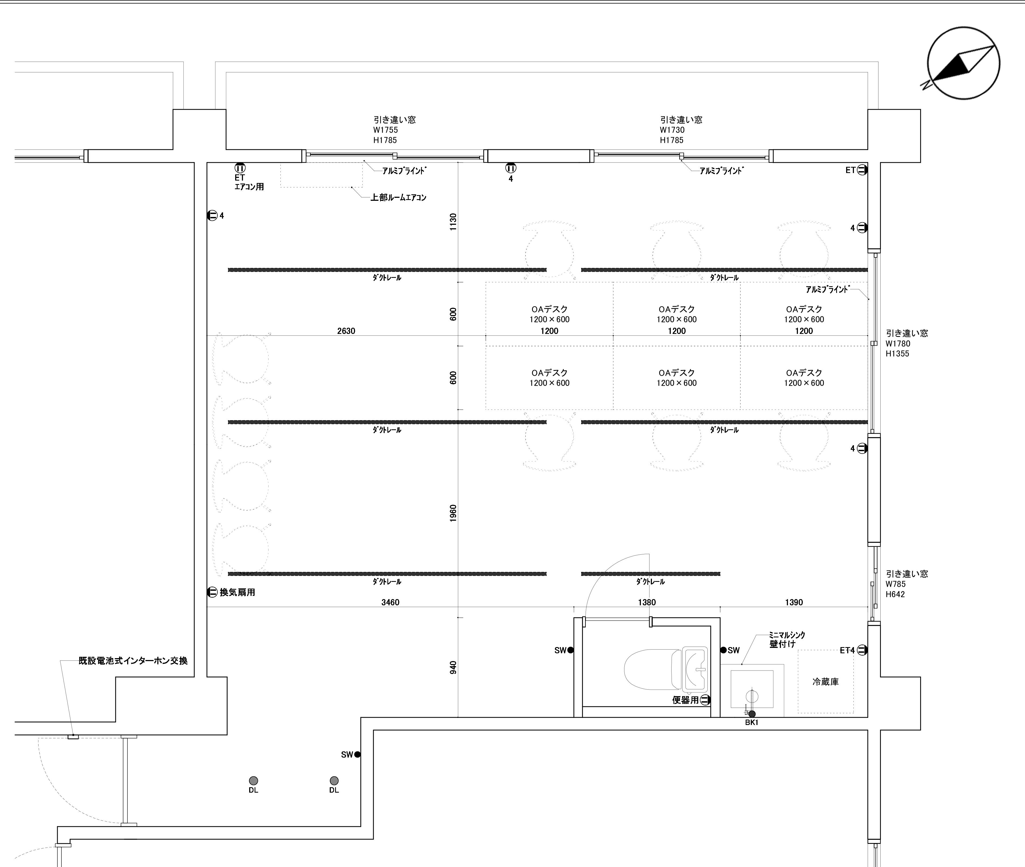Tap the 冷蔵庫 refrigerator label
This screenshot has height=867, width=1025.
[826, 682]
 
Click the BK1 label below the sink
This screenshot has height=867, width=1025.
[751, 723]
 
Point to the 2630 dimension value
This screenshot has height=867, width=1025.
[346, 331]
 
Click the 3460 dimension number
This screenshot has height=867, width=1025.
[390, 602]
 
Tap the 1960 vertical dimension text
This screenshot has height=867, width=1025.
[453, 514]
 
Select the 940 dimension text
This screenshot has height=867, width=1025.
[453, 668]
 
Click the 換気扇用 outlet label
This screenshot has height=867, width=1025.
[237, 592]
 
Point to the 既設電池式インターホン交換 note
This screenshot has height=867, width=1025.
[133, 661]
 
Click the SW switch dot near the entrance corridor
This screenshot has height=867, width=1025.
[357, 754]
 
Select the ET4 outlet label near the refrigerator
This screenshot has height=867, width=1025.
[847, 650]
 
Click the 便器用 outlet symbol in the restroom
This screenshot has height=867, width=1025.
[705, 700]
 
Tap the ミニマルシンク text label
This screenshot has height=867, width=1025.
[787, 635]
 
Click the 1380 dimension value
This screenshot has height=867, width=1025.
[647, 602]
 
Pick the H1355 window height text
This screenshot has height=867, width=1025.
[897, 353]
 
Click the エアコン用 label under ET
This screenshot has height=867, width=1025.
[249, 187]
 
